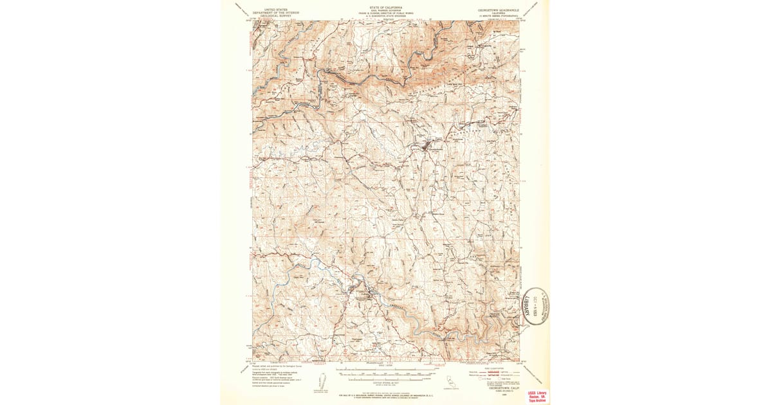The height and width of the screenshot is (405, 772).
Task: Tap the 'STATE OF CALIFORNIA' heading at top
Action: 385,7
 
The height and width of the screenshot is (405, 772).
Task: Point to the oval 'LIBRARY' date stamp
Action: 532,304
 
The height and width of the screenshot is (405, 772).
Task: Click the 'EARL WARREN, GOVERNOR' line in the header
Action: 385,10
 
